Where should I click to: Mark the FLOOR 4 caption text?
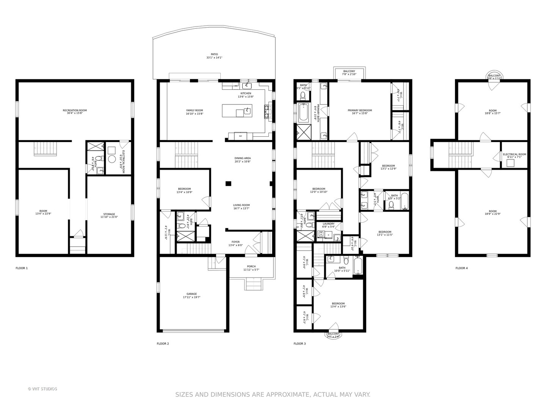(461, 268)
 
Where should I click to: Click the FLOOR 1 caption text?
(22, 268)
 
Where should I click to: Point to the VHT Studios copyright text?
(42, 389)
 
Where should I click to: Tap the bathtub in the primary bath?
(303, 112)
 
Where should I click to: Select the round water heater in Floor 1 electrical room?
(111, 159)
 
